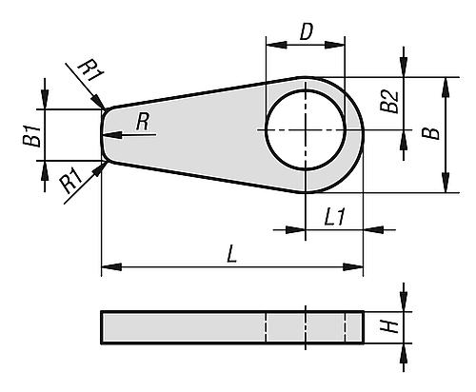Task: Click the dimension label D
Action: coord(306,31)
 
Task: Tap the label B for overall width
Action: coord(430,134)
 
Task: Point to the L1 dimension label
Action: coord(334,217)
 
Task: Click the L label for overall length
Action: coord(232,255)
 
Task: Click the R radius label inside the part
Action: coord(143,121)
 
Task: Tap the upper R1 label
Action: coord(87,70)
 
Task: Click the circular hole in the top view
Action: coord(306,132)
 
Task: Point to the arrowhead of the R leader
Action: coord(118,134)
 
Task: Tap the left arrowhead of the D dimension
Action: coord(271,46)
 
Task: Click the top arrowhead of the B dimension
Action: coord(444,84)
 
